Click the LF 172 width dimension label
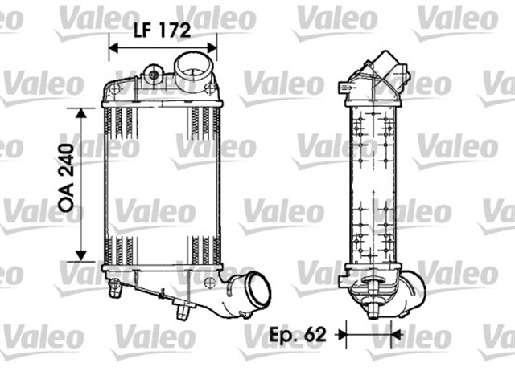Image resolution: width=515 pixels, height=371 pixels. tap(161, 31)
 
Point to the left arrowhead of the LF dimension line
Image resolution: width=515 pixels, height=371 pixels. tap(113, 49)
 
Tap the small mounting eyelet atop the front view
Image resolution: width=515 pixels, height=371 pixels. tap(150, 77)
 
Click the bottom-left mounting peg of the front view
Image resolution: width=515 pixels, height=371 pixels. tap(114, 285)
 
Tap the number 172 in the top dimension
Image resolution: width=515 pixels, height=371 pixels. tap(173, 31)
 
